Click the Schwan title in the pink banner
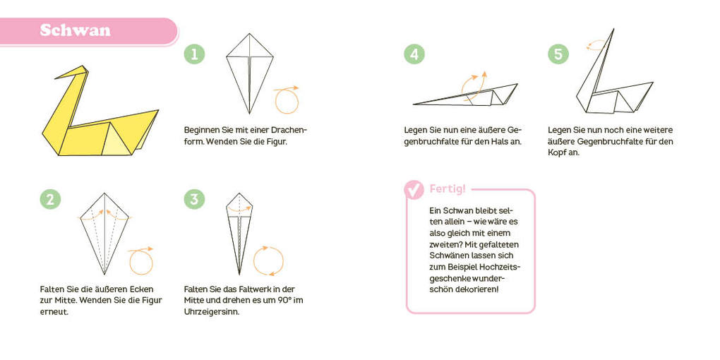pos(75,30)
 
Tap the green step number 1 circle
pos(194,54)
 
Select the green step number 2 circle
pos(50,199)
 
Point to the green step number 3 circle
pos(194,199)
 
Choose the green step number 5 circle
pos(558,54)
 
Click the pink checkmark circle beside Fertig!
pos(414,189)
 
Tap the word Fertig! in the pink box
pos(448,189)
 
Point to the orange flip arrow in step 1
pos(286,100)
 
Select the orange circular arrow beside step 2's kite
pos(141,261)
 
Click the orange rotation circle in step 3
pos(268,260)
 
